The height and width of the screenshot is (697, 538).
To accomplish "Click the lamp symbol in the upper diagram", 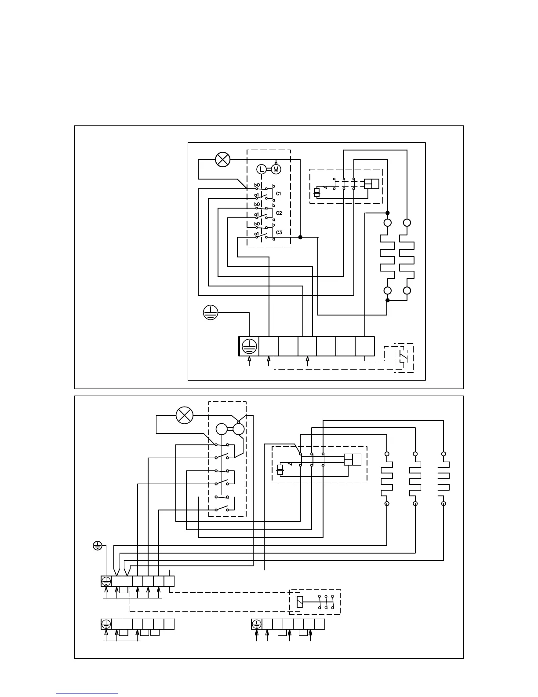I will click(x=223, y=159).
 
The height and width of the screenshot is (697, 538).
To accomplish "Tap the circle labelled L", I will click(x=261, y=169).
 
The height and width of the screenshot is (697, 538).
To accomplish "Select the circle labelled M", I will click(x=276, y=169).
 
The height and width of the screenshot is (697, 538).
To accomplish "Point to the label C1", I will click(x=279, y=194).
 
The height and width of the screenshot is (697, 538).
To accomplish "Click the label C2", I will click(x=279, y=213).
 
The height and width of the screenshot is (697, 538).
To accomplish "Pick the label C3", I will click(x=279, y=232).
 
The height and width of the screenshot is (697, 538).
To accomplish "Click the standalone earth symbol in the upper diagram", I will click(x=211, y=312).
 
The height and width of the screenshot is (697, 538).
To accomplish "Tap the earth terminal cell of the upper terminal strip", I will click(x=249, y=346).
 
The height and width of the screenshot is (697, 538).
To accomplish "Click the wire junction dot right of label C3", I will click(x=300, y=237).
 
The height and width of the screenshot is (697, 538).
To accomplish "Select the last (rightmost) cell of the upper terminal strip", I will click(x=365, y=346).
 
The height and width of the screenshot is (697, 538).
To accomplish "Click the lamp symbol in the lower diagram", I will click(x=185, y=415).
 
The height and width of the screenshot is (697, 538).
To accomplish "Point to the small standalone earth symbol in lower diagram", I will click(x=98, y=546).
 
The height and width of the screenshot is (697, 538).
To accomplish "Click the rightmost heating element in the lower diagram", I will click(x=443, y=479).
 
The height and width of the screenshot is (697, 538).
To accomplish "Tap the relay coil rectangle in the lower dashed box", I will click(x=300, y=602).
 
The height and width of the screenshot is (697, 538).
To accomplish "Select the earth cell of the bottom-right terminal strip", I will click(x=256, y=624).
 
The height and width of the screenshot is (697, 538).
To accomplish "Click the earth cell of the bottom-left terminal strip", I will click(x=106, y=624).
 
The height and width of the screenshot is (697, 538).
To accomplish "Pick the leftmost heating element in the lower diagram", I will click(x=387, y=479).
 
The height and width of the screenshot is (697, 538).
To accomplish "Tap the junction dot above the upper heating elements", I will click(x=388, y=213).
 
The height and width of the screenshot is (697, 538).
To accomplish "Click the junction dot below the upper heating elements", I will click(x=388, y=301).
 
